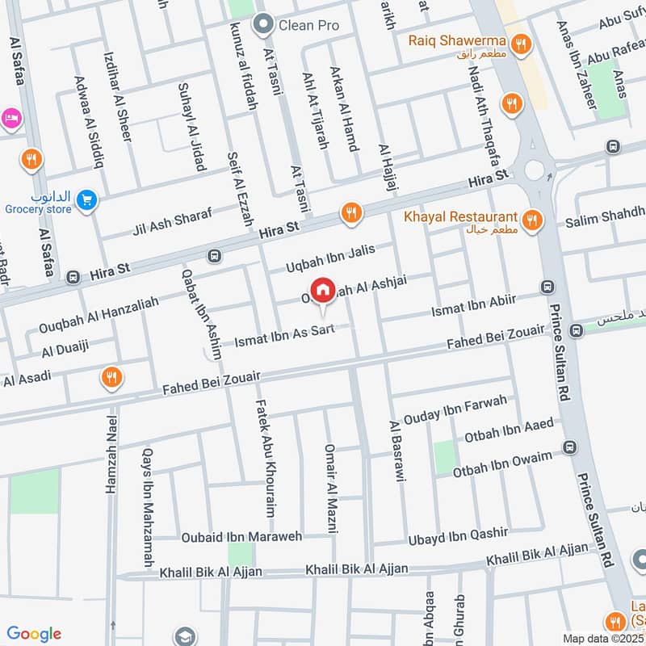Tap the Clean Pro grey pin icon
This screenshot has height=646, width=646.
tap(262, 26)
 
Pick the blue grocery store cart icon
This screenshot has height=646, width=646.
tap(86, 199)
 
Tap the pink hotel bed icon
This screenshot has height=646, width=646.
tap(11, 119)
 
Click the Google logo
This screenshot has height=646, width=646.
tap(34, 634)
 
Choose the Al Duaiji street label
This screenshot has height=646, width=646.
tap(64, 349)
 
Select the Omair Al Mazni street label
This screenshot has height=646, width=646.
tap(329, 488)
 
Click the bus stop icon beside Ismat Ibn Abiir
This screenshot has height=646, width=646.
tap(547, 287)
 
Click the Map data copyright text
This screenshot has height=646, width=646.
tap(603, 638)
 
